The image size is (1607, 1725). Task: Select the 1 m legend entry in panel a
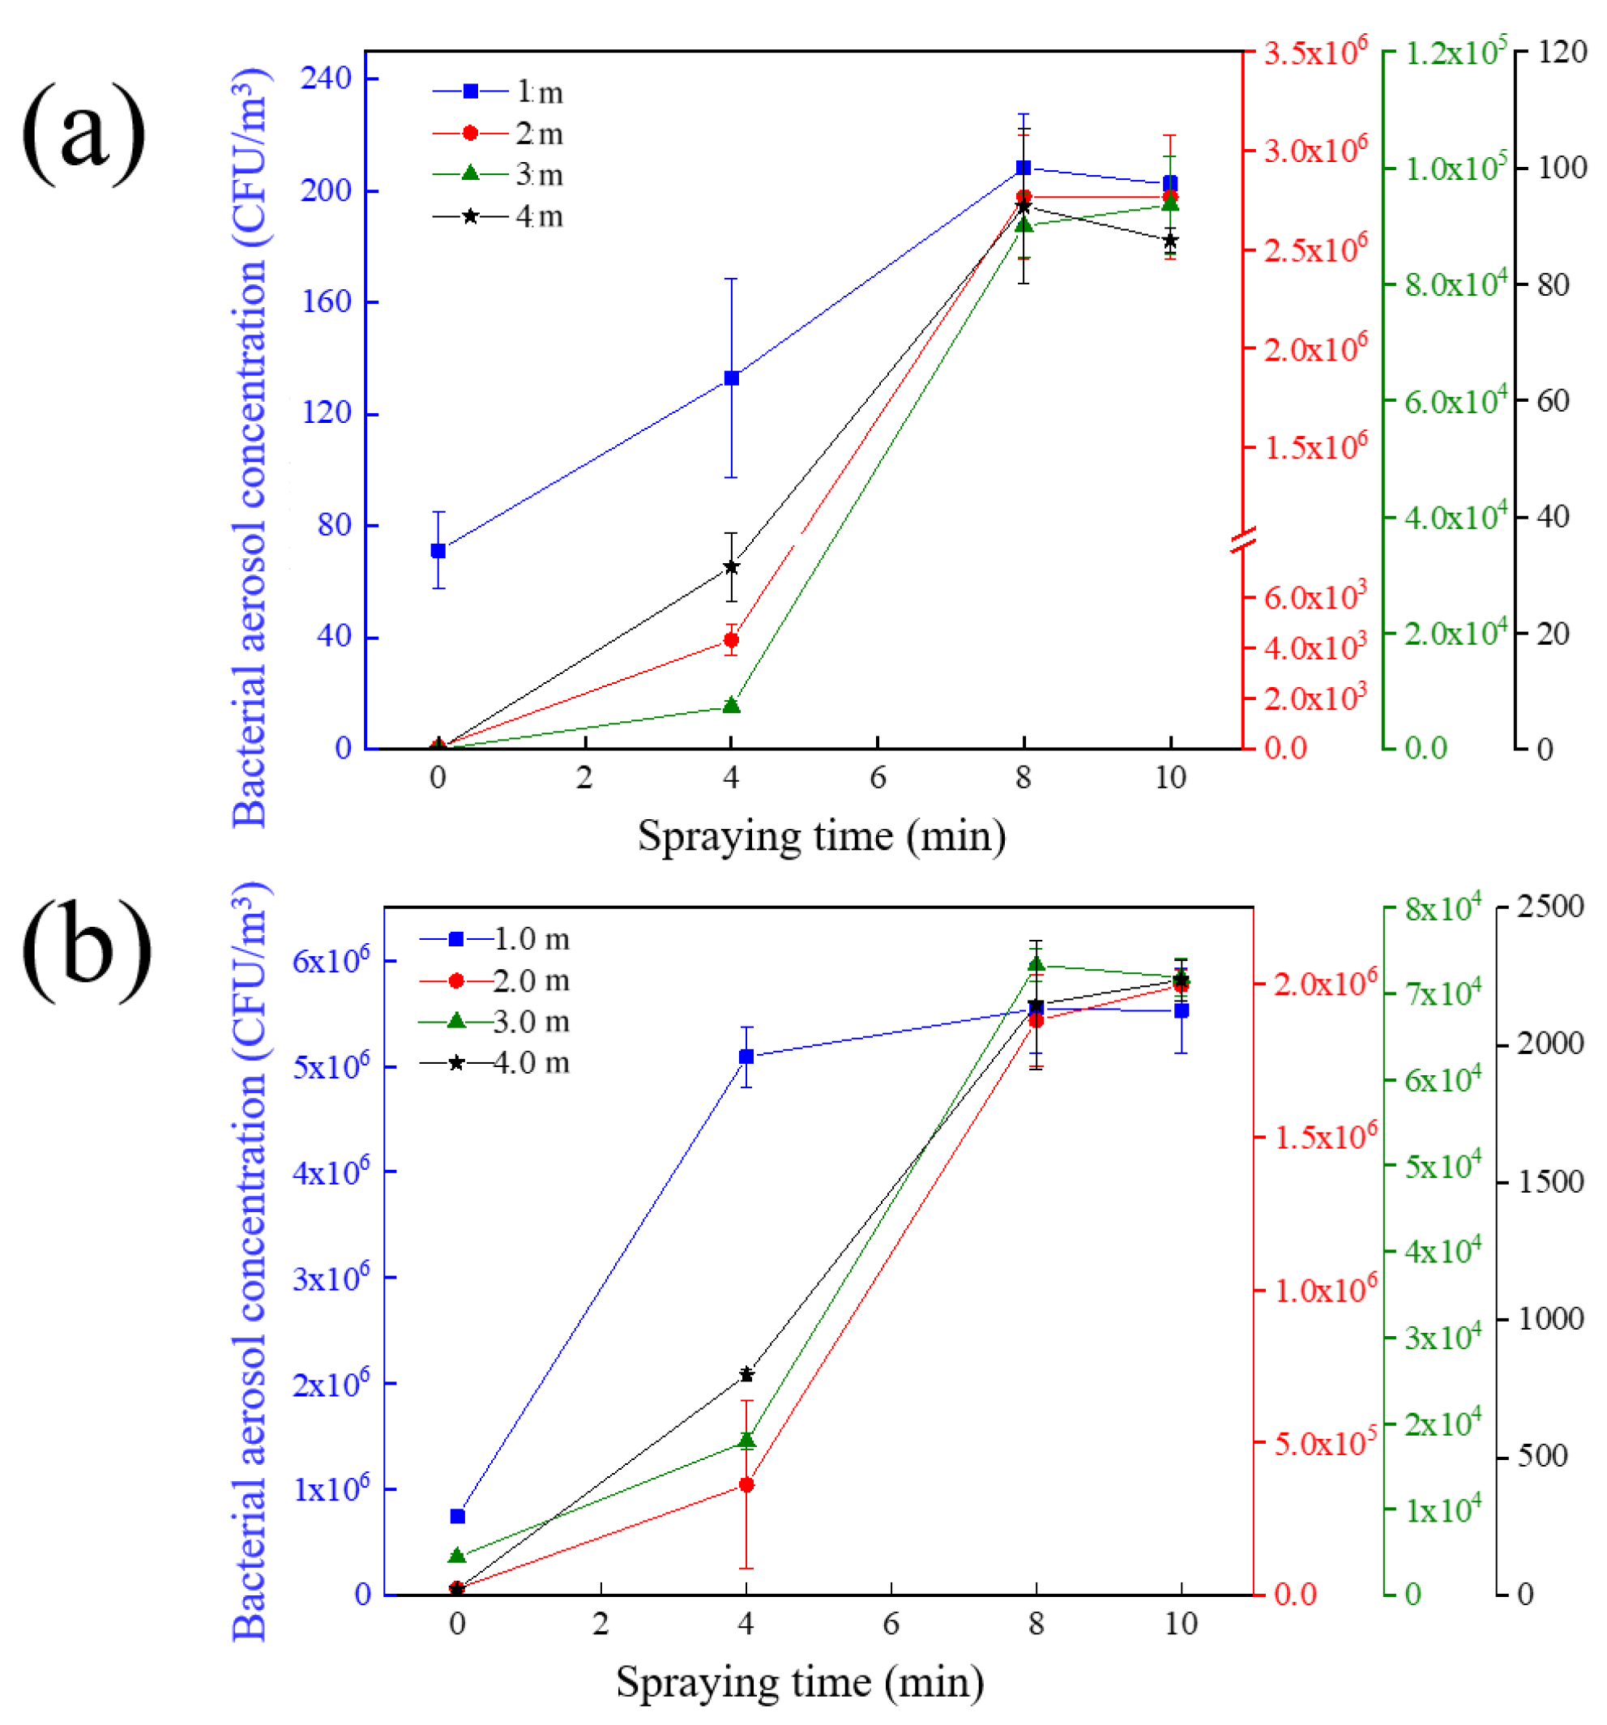tap(498, 91)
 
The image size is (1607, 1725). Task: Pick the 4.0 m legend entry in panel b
tap(494, 1062)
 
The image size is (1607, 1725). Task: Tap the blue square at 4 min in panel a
tap(731, 378)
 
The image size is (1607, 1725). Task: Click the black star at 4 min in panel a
tap(731, 566)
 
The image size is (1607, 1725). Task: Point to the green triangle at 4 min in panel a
tap(731, 706)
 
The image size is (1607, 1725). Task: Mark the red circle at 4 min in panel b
tap(746, 1484)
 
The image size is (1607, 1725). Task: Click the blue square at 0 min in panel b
tap(457, 1516)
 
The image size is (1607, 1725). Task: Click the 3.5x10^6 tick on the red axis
tap(1314, 52)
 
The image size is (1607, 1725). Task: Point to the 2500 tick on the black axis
tap(1549, 907)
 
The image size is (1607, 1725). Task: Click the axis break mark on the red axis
tap(1242, 540)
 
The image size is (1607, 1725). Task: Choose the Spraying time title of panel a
tap(821, 835)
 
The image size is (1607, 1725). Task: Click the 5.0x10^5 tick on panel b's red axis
tap(1324, 1443)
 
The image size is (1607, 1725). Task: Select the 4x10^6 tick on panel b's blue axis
tap(331, 1172)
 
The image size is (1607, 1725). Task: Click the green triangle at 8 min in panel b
tap(1035, 964)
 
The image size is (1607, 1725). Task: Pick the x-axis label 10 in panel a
tap(1169, 778)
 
